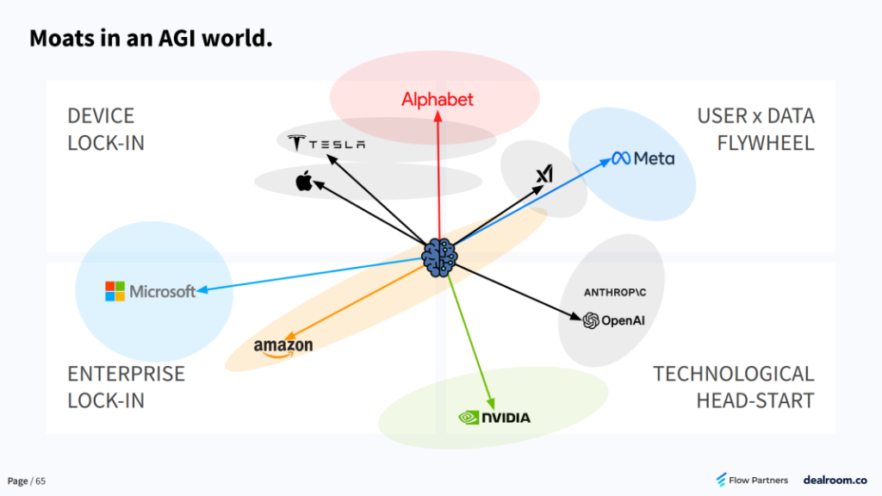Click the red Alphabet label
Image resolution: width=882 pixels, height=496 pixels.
438,100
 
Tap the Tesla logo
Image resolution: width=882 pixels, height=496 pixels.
326,144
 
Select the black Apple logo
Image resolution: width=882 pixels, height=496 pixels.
303,181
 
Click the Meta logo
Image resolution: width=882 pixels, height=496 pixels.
643,158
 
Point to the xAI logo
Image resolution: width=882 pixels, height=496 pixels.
543,175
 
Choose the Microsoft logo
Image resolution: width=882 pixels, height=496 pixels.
151,291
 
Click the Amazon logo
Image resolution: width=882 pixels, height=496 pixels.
283,347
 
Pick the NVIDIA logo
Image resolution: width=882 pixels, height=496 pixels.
494,418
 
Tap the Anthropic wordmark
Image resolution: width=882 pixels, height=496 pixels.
614,293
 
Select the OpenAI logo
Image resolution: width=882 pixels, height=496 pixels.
614,321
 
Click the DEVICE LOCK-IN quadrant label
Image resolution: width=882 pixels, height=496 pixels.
106,129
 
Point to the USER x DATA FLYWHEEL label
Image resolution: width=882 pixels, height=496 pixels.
755,129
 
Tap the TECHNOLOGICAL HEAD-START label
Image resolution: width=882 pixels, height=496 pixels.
733,387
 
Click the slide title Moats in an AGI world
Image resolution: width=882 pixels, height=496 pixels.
152,39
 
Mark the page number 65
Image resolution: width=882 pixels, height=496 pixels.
40,480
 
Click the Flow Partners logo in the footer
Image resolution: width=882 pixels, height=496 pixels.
752,480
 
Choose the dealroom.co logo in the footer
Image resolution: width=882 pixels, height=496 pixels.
835,480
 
